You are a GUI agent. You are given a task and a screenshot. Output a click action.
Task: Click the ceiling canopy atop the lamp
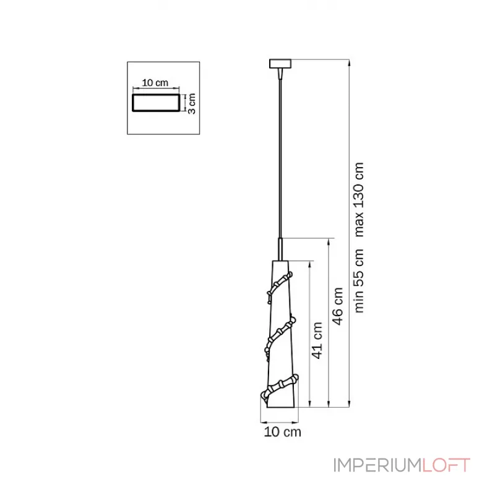coord(280,64)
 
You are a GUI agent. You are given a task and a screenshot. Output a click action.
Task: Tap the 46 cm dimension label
coord(338,306)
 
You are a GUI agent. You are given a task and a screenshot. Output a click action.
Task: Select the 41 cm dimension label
coord(317,340)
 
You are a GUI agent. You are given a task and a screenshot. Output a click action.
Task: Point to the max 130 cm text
coord(359,199)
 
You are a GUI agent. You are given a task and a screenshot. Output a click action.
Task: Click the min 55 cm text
coord(359,281)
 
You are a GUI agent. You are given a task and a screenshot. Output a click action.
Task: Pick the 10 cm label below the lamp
coord(283,432)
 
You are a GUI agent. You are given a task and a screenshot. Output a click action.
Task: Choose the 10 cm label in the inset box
coord(155,83)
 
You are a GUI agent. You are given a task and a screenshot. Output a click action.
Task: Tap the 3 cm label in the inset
coord(192,103)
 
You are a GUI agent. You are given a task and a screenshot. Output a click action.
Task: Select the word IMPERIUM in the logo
coord(377,465)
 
